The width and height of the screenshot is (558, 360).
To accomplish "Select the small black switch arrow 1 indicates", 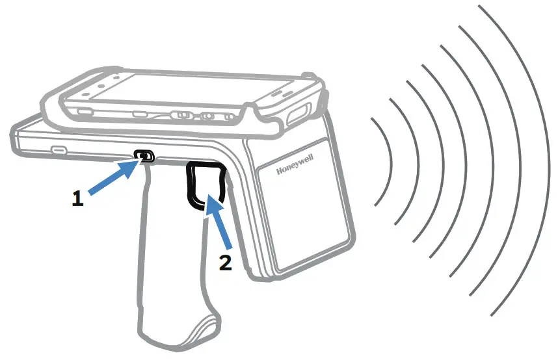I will tap(144, 155).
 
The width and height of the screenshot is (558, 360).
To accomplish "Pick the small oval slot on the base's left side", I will tap(59, 150).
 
